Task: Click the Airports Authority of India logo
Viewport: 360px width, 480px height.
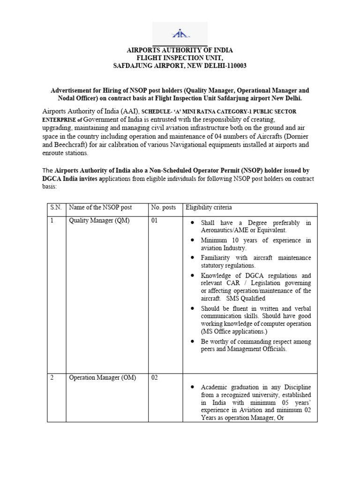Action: pyautogui.click(x=180, y=34)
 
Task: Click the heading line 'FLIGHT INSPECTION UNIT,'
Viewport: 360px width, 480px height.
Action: pyautogui.click(x=180, y=58)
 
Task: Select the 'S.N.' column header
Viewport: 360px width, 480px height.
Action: pyautogui.click(x=56, y=207)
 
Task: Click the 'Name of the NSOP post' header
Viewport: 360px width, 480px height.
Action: pyautogui.click(x=100, y=207)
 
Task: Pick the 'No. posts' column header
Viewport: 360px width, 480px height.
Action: pyautogui.click(x=163, y=207)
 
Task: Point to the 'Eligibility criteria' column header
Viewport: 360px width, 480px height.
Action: pyautogui.click(x=209, y=207)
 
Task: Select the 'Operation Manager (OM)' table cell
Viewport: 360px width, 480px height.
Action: pyautogui.click(x=102, y=378)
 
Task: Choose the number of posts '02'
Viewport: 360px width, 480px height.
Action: pyautogui.click(x=155, y=378)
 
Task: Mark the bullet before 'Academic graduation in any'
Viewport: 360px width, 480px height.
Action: pyautogui.click(x=193, y=387)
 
